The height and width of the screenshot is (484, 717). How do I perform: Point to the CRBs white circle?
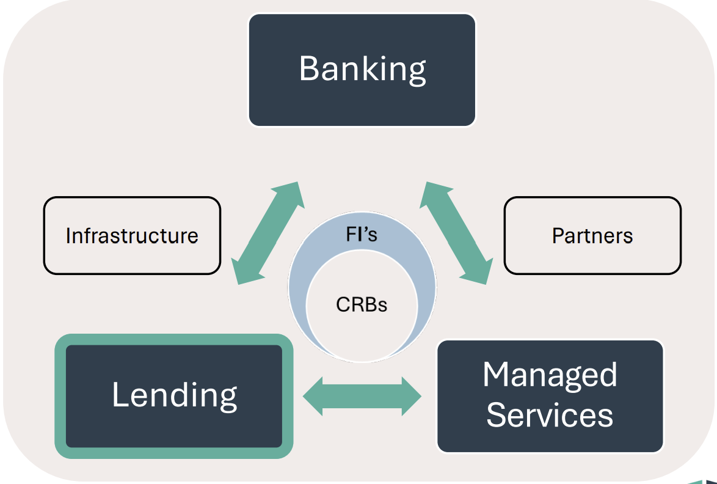(x=362, y=324)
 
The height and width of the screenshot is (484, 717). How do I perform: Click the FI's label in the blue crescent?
(x=362, y=234)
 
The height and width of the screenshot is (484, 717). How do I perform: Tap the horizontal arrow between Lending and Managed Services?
(x=362, y=396)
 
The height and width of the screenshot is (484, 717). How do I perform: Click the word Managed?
(x=550, y=375)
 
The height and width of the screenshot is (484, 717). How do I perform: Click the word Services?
(x=550, y=415)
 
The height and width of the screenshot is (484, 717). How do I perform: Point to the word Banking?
(x=362, y=68)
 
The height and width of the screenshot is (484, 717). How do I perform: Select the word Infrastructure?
(x=132, y=236)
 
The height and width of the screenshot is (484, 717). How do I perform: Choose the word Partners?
(x=592, y=236)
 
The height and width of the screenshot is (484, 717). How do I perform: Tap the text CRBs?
(x=362, y=304)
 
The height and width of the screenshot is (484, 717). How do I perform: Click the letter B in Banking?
(x=309, y=68)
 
